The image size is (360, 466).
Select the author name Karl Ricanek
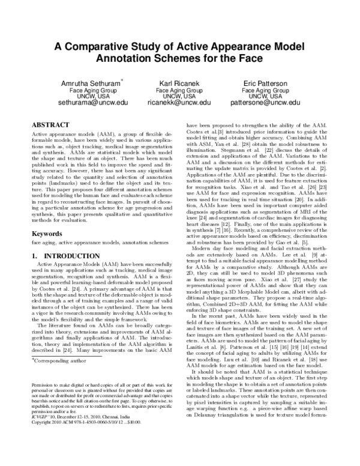click(179, 82)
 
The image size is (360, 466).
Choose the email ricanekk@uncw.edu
click(179, 103)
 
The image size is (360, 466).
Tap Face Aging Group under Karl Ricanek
click(179, 89)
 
